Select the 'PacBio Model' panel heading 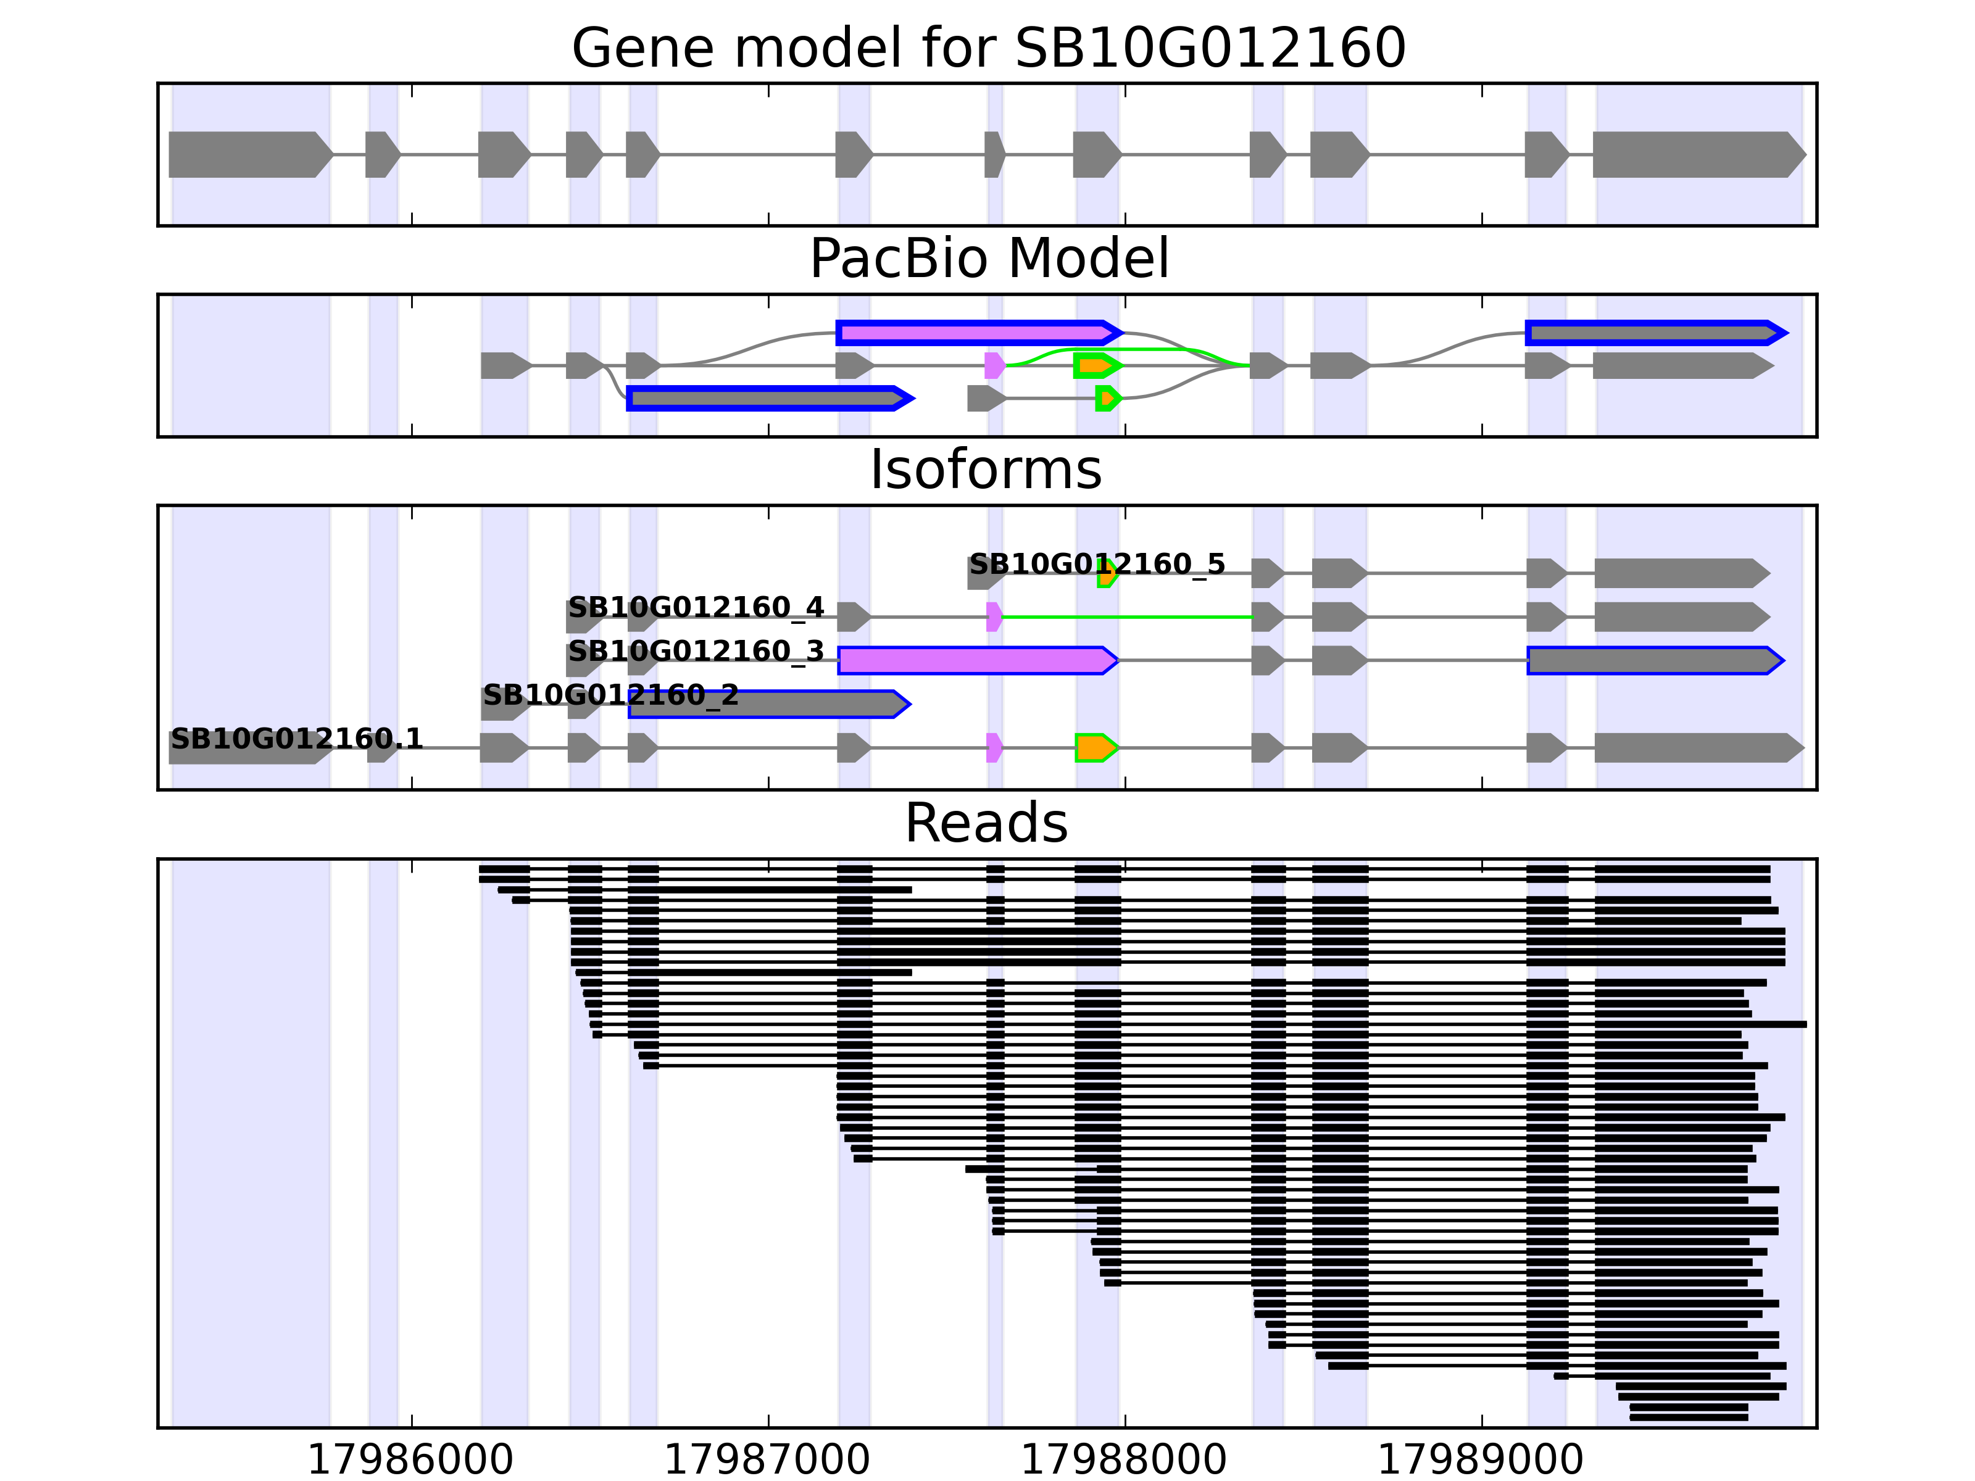pos(987,259)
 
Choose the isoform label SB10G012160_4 pos(696,608)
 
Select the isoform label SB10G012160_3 pos(696,652)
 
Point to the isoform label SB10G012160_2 pos(611,694)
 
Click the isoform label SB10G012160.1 pos(296,738)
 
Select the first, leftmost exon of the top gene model pos(246,154)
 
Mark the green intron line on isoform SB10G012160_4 pos(1125,617)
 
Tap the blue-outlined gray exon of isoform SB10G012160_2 pos(768,704)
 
